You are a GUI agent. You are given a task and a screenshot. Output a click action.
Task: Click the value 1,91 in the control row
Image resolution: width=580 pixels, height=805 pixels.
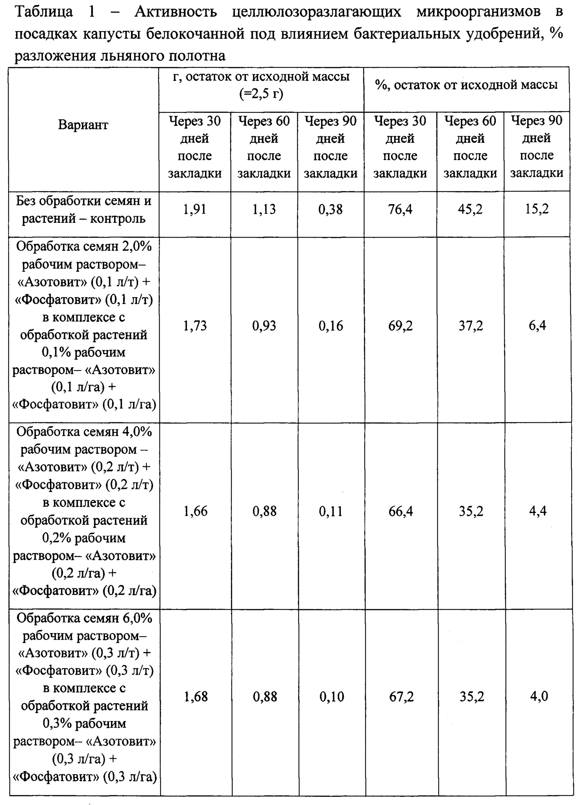(195, 209)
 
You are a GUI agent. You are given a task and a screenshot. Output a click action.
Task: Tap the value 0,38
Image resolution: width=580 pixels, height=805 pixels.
(330, 209)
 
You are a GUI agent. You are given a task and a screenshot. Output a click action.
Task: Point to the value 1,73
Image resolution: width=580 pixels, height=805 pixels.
(195, 326)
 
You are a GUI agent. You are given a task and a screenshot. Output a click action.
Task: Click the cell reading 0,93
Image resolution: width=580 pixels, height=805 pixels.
(264, 326)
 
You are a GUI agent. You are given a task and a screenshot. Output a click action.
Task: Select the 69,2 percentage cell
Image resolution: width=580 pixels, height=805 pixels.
(400, 326)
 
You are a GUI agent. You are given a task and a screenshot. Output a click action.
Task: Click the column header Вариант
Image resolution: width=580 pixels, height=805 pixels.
(83, 125)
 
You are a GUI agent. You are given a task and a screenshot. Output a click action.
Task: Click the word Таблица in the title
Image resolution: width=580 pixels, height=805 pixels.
(44, 12)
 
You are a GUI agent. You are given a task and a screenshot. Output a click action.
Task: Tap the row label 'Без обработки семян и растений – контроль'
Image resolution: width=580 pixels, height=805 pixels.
(84, 210)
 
